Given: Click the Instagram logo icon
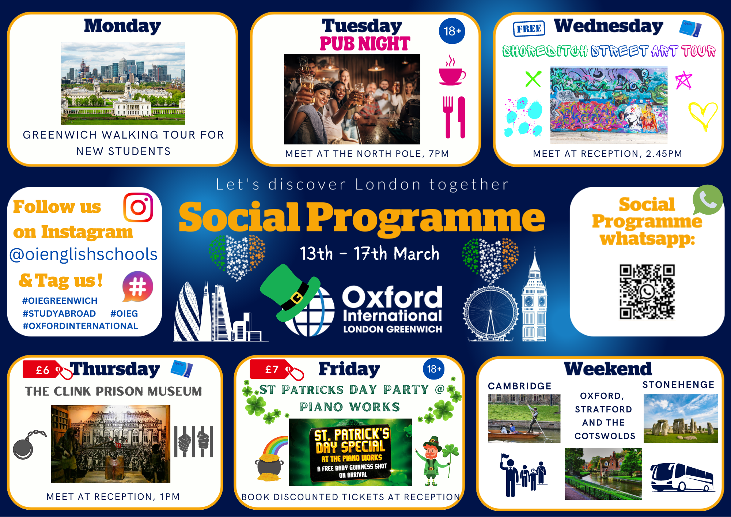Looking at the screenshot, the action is click(x=138, y=208).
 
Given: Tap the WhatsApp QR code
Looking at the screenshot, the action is click(x=647, y=292).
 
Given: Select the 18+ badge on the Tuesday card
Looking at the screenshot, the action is click(x=452, y=31).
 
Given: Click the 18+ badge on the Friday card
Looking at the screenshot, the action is click(x=434, y=369).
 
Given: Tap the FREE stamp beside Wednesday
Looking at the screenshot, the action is click(x=529, y=29).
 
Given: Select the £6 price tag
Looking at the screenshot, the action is click(x=48, y=370).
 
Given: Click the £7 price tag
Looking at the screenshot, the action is click(x=277, y=370).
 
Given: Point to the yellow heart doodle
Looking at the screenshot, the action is click(x=702, y=116).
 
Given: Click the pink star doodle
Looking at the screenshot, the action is click(x=683, y=81).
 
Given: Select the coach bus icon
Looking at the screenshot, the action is click(x=682, y=477).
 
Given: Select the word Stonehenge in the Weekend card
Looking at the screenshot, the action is click(x=678, y=385).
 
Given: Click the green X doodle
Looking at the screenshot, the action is click(x=533, y=79).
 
